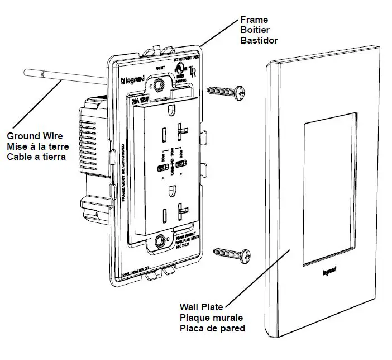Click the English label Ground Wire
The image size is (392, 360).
click(33, 136)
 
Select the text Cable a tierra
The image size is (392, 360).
click(36, 157)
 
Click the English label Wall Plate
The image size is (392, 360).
click(201, 307)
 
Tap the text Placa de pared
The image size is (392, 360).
click(212, 328)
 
